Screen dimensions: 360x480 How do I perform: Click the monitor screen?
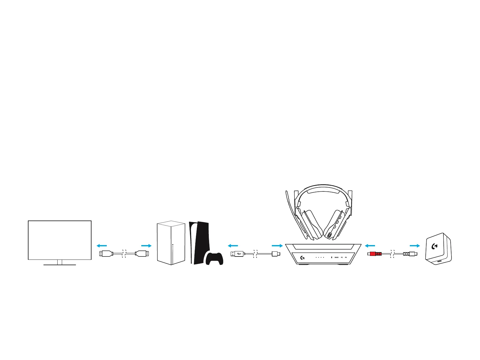click(59, 240)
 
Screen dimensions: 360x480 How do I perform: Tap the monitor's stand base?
click(59, 265)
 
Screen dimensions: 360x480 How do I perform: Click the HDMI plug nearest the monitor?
click(106, 253)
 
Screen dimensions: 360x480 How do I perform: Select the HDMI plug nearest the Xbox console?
click(142, 253)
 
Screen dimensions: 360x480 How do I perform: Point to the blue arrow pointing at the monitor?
click(102, 246)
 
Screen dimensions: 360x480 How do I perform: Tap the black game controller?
click(214, 259)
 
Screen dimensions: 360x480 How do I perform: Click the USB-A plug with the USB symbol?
click(237, 254)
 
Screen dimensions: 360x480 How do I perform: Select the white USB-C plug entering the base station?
click(276, 254)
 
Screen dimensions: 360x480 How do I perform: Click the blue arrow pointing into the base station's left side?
click(277, 246)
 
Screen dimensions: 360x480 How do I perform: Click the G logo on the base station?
click(302, 257)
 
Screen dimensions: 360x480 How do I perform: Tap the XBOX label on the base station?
click(337, 257)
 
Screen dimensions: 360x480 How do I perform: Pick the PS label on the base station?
click(346, 257)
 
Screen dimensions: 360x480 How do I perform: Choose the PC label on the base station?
click(342, 257)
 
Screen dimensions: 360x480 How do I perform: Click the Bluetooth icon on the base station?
click(331, 257)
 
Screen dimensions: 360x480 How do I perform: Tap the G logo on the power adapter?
click(434, 246)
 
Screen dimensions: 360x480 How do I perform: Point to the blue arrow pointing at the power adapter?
click(415, 246)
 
